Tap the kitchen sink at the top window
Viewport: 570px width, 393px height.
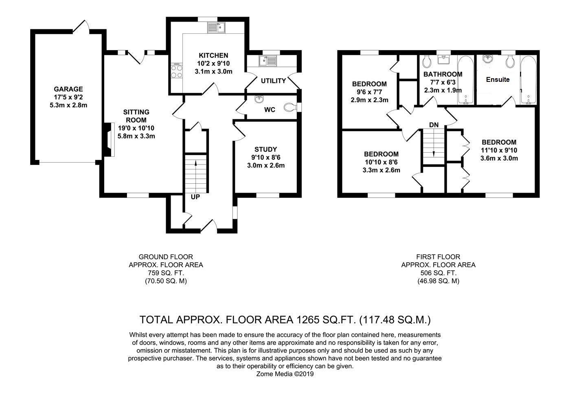tap(217, 27)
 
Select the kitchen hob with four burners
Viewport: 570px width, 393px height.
tap(177, 72)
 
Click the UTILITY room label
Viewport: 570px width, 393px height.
tap(273, 81)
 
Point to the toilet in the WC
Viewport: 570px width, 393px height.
tap(290, 107)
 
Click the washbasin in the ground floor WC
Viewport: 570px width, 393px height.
tap(259, 99)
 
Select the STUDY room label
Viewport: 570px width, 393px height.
tap(265, 149)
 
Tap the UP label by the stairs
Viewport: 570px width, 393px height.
tap(195, 197)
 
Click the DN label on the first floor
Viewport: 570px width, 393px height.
tap(434, 125)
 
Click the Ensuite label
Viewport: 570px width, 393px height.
tap(498, 80)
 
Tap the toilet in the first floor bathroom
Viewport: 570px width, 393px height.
tap(427, 62)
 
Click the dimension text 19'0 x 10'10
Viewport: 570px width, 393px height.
tap(136, 128)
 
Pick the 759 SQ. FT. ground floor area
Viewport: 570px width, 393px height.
tap(166, 273)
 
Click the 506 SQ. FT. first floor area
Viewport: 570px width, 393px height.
tap(438, 273)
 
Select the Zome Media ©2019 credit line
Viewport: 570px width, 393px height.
tap(285, 374)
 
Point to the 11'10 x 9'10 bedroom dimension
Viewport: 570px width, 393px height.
tap(499, 150)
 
